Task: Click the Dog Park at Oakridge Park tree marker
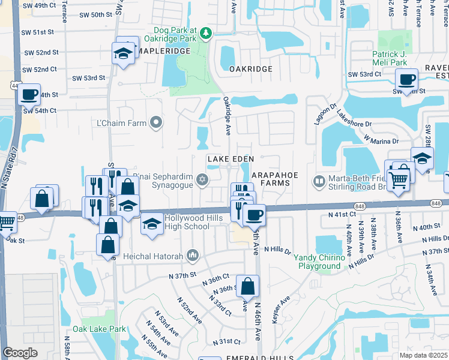tap(206, 32)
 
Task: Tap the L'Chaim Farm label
tap(122, 124)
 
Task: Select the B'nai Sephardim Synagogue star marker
tap(202, 179)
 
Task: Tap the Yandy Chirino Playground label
tap(321, 262)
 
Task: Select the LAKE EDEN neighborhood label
tap(231, 158)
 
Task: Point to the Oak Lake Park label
tap(100, 329)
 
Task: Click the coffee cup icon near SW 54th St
tap(29, 94)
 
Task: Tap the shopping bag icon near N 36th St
tap(247, 287)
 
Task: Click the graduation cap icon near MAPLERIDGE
tap(123, 53)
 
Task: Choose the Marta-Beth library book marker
tap(319, 180)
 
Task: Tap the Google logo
tap(20, 353)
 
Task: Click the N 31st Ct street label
tap(226, 341)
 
